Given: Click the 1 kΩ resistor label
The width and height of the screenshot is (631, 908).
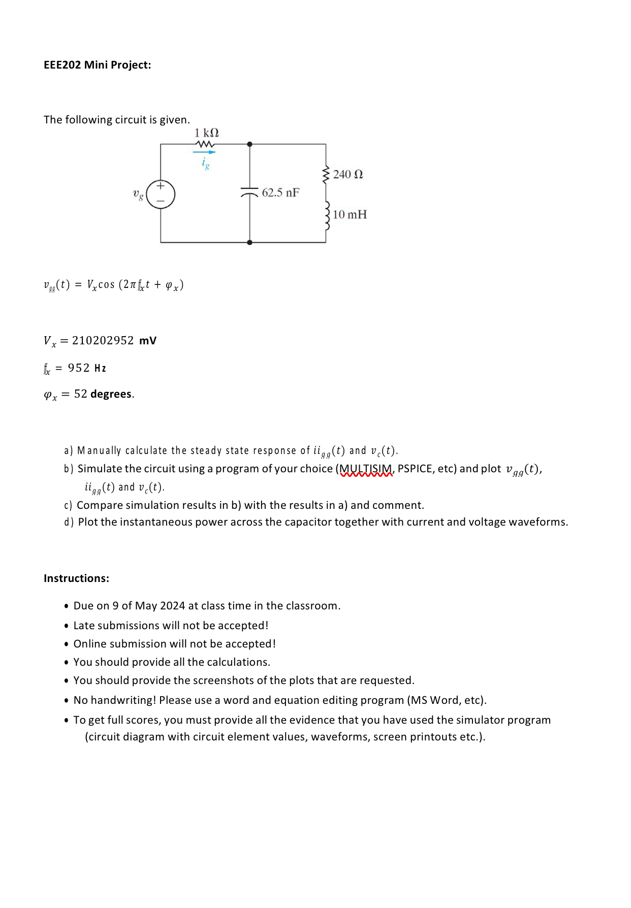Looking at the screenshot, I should click(x=206, y=133).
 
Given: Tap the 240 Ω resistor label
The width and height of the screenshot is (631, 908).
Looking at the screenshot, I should click(x=348, y=175).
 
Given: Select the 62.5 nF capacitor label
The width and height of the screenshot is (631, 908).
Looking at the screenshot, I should click(x=280, y=193).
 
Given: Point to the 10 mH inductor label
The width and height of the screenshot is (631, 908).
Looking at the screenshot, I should click(x=350, y=215).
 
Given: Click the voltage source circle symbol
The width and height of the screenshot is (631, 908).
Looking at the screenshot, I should click(x=161, y=194).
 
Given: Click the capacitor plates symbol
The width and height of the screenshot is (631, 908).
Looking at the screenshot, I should click(x=249, y=192).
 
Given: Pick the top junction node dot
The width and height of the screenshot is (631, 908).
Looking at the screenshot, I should click(x=249, y=144).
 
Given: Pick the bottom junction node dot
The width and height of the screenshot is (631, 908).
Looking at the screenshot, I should click(x=249, y=243).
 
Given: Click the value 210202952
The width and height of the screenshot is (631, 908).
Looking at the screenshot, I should click(x=103, y=341).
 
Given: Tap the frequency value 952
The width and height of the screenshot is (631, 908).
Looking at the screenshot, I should click(x=79, y=368).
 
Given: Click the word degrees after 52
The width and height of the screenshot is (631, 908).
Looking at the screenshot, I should click(x=111, y=394).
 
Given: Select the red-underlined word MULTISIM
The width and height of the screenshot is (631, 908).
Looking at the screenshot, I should click(x=366, y=469).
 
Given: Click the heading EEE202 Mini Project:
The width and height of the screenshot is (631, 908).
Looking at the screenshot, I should click(x=97, y=65).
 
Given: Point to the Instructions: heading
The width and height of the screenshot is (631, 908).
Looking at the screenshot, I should click(x=76, y=578).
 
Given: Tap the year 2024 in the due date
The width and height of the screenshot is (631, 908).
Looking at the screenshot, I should click(x=172, y=606).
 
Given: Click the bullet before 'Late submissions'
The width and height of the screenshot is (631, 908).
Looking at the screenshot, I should click(x=67, y=626).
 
